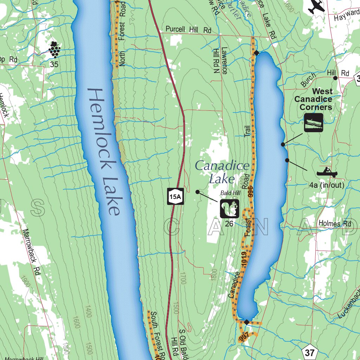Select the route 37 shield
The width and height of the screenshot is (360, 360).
pyautogui.click(x=309, y=352)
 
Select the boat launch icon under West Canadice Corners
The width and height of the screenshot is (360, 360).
pyautogui.click(x=313, y=123)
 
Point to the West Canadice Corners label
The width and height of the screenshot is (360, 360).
pyautogui.click(x=313, y=99)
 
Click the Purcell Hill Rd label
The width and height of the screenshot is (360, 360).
pyautogui.click(x=188, y=30)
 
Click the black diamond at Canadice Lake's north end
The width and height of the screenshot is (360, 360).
pyautogui.click(x=256, y=53)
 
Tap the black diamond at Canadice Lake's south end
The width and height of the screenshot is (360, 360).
pyautogui.click(x=247, y=322)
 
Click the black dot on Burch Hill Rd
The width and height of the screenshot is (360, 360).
pyautogui.click(x=335, y=78)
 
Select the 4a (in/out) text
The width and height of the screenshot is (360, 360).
pyautogui.click(x=327, y=185)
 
